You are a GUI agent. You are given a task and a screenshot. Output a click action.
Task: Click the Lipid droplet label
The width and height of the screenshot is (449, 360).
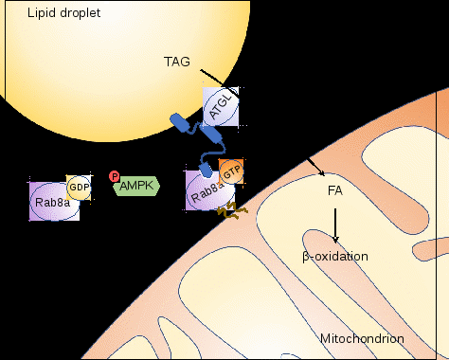[x=63, y=13]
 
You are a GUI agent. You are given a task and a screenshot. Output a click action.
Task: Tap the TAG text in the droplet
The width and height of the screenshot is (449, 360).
[x=177, y=62]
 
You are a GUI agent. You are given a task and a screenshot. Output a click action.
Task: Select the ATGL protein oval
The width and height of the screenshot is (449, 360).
[x=221, y=107]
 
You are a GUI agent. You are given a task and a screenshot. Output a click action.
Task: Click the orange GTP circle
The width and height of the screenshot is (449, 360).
[x=232, y=172]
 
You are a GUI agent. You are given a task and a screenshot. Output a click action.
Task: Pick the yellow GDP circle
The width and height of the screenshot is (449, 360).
[x=79, y=188]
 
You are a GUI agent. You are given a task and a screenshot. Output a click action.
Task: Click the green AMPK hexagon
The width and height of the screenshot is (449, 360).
[x=136, y=186]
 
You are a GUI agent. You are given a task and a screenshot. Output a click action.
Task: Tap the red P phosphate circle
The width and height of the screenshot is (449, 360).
[x=114, y=176]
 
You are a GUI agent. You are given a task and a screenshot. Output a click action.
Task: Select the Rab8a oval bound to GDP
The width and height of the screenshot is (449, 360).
[x=54, y=202]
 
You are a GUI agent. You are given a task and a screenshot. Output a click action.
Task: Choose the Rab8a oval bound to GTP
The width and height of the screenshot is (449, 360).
[x=209, y=191]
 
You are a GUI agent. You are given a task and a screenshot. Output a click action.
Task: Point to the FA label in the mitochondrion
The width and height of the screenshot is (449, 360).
[x=335, y=190]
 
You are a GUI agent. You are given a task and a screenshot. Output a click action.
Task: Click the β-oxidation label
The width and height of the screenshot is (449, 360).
[x=335, y=256]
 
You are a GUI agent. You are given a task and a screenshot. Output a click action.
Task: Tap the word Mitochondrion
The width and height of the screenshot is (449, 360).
[x=362, y=339]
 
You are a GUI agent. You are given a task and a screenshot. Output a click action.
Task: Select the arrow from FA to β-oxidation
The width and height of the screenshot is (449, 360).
[x=335, y=225]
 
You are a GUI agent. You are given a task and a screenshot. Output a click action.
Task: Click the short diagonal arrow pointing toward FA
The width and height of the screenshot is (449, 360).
[x=316, y=167]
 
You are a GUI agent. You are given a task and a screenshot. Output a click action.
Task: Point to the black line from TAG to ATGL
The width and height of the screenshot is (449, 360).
[x=220, y=82]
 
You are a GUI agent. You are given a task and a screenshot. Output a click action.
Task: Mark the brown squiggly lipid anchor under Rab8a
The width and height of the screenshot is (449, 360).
[x=232, y=210]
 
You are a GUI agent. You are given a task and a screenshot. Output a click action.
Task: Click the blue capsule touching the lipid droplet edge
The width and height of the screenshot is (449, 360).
[x=179, y=122]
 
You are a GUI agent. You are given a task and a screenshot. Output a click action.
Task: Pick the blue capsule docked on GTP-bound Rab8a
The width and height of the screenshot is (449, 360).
[x=206, y=170]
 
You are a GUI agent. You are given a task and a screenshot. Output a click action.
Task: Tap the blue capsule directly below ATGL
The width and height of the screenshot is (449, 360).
[x=210, y=134]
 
